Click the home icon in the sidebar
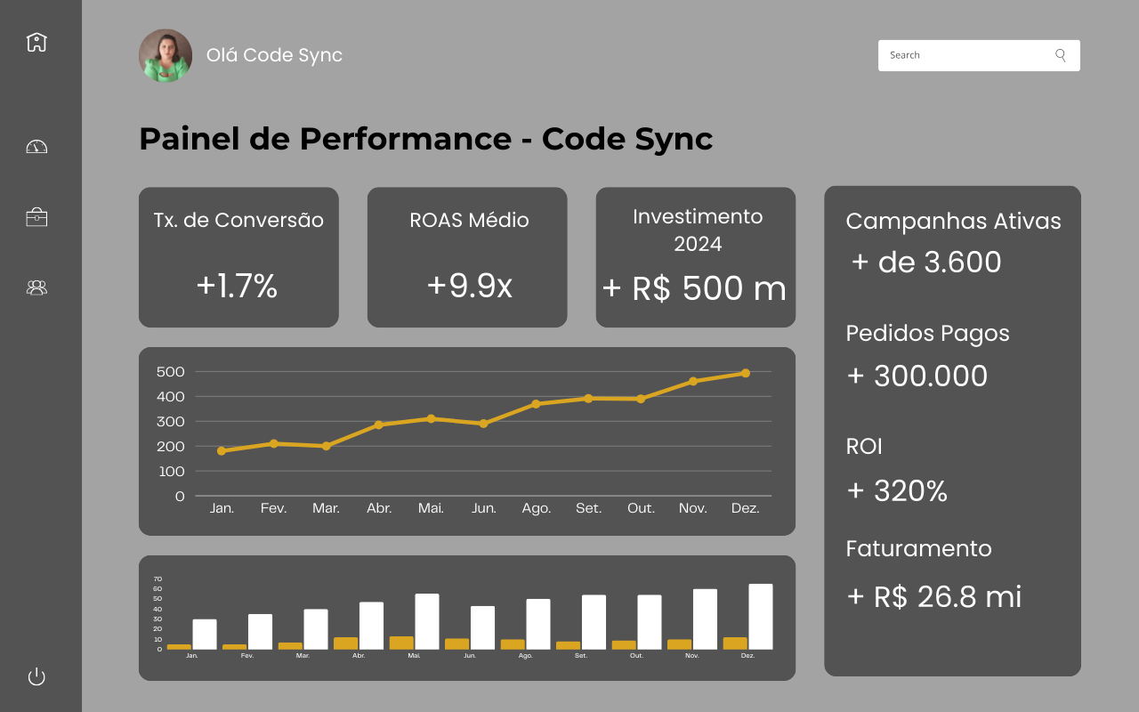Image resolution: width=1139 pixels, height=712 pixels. point(36,42)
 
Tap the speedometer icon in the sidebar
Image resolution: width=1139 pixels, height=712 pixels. point(36,147)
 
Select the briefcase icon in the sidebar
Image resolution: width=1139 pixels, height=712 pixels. point(36,217)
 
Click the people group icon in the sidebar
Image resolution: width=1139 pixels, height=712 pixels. point(36,287)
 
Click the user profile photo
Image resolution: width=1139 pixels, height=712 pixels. point(166,55)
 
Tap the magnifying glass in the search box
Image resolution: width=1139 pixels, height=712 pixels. point(1061,55)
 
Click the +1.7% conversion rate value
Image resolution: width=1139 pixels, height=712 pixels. point(238,286)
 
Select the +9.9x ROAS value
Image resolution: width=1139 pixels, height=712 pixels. point(469,286)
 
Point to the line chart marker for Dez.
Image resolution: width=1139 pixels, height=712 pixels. point(745,373)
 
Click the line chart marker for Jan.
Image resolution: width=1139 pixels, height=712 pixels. point(222,450)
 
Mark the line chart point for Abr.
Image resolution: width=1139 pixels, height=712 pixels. point(379,425)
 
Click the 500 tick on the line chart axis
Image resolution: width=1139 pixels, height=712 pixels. point(169,371)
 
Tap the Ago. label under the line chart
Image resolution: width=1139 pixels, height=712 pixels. point(536,508)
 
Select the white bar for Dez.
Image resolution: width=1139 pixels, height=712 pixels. point(761,616)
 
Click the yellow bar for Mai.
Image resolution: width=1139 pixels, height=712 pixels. point(401,643)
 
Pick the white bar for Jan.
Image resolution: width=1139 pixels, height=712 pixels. point(205,634)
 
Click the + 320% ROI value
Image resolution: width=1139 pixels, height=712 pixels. point(897,490)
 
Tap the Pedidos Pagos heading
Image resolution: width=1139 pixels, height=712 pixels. point(927,333)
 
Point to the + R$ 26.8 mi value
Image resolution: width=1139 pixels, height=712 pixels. point(933,596)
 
